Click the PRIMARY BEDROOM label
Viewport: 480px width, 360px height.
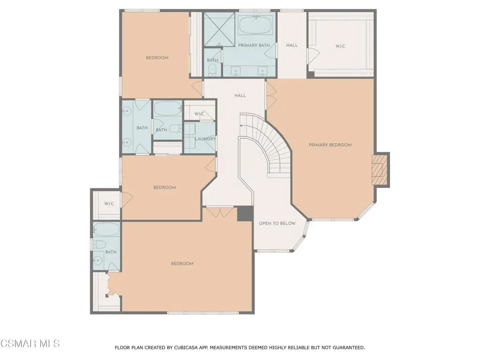click(330, 145)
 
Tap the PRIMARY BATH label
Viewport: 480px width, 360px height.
click(254, 45)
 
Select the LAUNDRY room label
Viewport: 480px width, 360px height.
click(205, 139)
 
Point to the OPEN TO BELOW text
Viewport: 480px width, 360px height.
click(277, 223)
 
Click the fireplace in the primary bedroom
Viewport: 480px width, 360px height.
click(380, 170)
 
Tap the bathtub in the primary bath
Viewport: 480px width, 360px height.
click(255, 25)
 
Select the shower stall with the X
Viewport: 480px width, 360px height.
click(219, 29)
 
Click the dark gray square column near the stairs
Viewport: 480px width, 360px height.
click(245, 213)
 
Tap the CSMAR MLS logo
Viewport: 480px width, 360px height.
click(30, 343)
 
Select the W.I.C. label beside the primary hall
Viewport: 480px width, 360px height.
click(340, 46)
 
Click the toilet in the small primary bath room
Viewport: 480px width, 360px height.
click(212, 72)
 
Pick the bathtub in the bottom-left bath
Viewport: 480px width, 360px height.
click(106, 229)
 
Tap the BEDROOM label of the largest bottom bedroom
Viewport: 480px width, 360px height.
click(182, 263)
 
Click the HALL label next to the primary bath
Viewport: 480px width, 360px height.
click(292, 45)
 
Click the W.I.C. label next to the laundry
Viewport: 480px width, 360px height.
click(200, 114)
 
